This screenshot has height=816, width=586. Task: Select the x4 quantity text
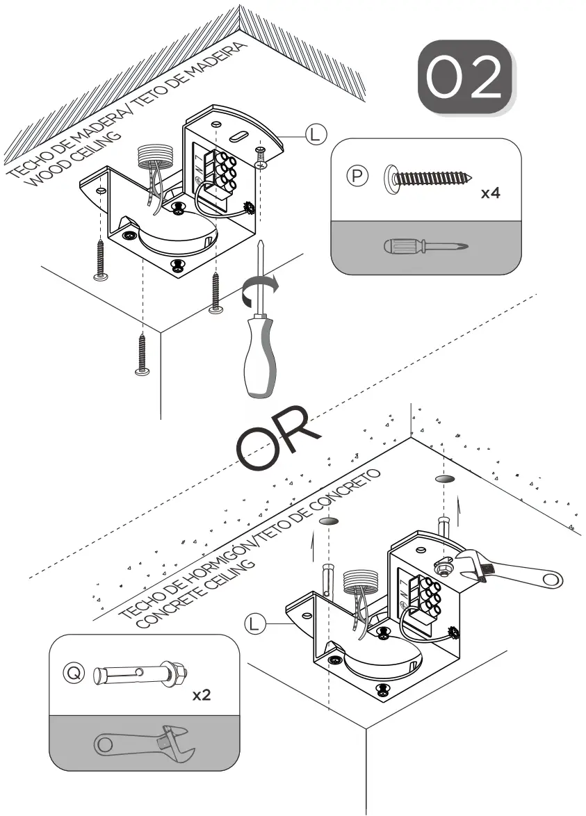coord(491,193)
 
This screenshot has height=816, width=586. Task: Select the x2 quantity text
coord(201,695)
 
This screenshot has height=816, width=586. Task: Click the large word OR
coord(278,438)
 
